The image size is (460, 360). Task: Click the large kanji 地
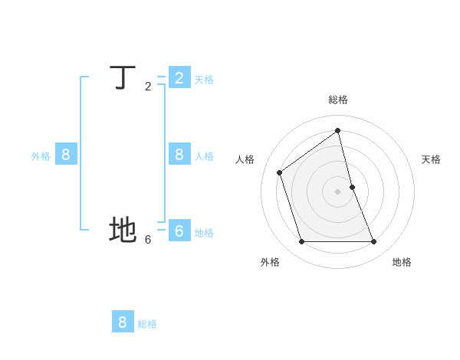click(x=123, y=230)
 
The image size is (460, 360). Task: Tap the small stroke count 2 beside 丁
click(x=148, y=87)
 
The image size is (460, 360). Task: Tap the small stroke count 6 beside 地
click(x=148, y=239)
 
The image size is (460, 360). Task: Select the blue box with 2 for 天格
click(x=179, y=77)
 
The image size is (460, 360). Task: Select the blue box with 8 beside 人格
click(x=179, y=154)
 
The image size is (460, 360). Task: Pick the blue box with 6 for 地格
click(x=179, y=230)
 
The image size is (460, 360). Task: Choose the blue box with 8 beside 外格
click(x=66, y=154)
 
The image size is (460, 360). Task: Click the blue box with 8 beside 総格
click(x=123, y=322)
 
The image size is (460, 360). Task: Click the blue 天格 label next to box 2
click(x=204, y=80)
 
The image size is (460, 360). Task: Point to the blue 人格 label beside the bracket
click(x=204, y=156)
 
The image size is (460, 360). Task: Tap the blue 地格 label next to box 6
click(x=204, y=233)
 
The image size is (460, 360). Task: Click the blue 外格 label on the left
click(x=41, y=156)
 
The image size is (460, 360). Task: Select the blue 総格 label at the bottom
click(x=147, y=324)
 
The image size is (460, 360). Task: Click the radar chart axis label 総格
click(x=338, y=100)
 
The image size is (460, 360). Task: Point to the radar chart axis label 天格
click(x=431, y=159)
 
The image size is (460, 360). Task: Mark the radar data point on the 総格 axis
click(x=338, y=130)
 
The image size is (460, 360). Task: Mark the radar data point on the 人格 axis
click(x=280, y=172)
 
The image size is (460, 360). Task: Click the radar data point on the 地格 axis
click(x=374, y=241)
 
